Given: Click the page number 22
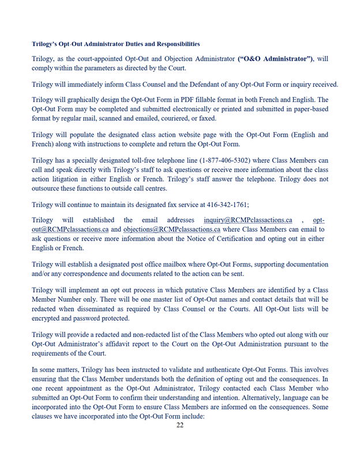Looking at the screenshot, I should [180, 426].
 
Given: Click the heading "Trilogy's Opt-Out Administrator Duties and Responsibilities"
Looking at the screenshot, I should [116, 43].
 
